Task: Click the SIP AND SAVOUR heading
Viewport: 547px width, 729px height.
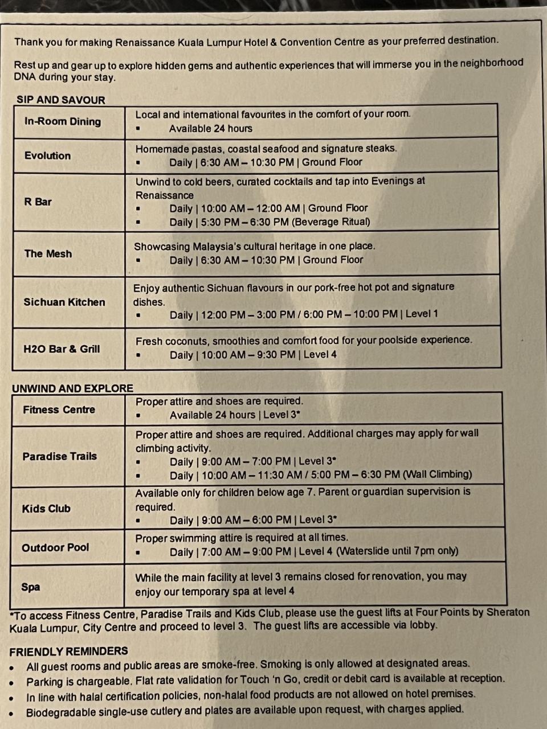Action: tap(61, 100)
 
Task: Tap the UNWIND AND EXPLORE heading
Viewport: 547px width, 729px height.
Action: tap(72, 388)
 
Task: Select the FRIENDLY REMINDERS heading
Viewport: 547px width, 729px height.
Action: tap(68, 651)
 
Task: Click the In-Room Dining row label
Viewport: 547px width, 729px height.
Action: tap(63, 121)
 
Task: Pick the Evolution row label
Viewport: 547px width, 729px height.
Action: tap(47, 155)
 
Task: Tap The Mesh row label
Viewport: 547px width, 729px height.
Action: tap(48, 253)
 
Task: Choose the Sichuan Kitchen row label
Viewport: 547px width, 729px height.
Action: tap(64, 302)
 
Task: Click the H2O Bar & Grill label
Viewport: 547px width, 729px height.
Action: tap(62, 349)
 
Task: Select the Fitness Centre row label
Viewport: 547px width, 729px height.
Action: tap(59, 409)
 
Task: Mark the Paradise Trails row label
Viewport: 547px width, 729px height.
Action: tap(60, 456)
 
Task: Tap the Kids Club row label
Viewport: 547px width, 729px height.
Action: tap(46, 509)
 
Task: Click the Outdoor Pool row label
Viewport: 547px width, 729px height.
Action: tap(55, 547)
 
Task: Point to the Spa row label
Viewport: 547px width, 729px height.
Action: tap(31, 587)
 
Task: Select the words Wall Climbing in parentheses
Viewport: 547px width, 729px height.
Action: tap(438, 474)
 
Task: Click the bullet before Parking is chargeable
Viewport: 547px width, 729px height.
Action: tap(12, 682)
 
